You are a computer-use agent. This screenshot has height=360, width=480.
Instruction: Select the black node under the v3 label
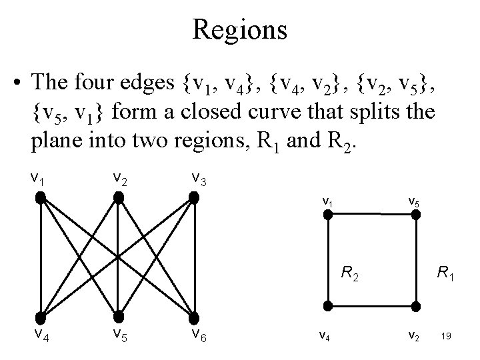(194, 197)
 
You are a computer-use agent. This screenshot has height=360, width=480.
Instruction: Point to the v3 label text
(198, 177)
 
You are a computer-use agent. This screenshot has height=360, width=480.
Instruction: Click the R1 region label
(445, 272)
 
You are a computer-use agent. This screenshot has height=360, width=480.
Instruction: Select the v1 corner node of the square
(327, 215)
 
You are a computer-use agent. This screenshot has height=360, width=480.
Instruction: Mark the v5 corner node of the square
(414, 215)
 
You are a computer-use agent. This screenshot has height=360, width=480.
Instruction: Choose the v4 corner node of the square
(327, 305)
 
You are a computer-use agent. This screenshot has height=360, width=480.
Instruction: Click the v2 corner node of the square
(414, 305)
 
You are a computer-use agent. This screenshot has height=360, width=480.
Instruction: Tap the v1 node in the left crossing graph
(41, 197)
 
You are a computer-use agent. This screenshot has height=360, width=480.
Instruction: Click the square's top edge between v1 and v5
(371, 214)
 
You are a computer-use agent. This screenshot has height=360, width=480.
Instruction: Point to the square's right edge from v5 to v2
(414, 260)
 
